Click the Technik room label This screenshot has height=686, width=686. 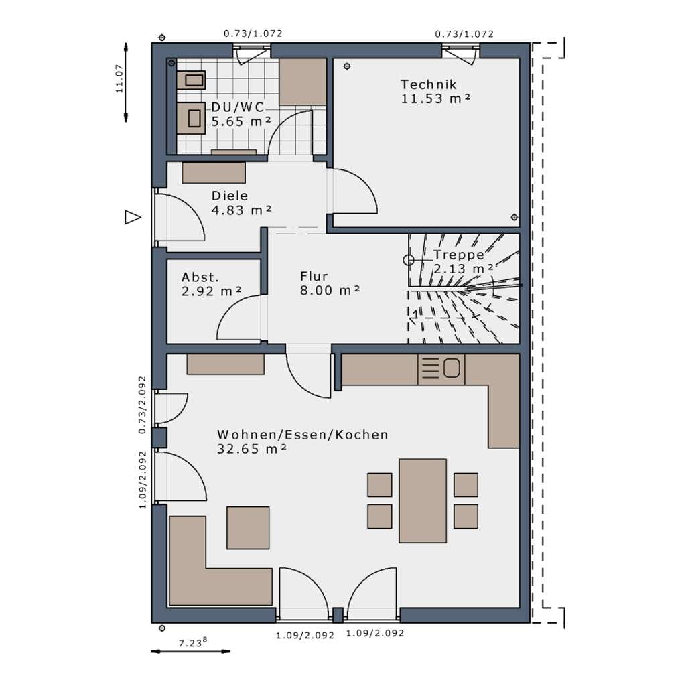428,84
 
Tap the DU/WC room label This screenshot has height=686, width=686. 238,107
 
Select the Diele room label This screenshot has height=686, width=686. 230,196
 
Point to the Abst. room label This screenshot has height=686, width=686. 200,277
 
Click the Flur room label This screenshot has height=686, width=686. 314,277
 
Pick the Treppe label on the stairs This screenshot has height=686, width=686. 459,255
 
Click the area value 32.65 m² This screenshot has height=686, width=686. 252,449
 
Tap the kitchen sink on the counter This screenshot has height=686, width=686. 441,369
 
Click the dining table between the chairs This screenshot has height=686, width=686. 423,500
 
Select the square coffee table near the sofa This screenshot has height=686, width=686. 248,528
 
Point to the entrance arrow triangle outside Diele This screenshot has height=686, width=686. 133,218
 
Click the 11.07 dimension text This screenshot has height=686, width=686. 119,79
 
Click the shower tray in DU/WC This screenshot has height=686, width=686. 303,81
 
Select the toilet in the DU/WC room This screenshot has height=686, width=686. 191,118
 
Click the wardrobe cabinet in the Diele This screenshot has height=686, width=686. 214,173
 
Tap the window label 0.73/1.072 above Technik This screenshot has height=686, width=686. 464,34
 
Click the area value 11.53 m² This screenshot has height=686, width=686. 435,98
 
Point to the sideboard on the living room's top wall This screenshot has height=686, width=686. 225,364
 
